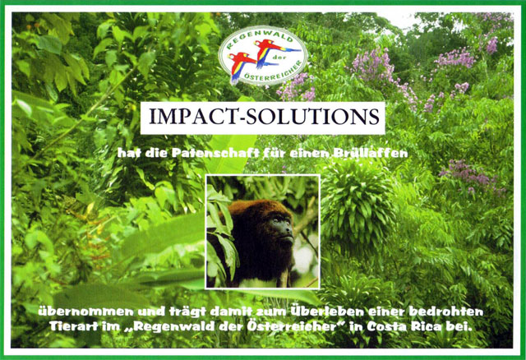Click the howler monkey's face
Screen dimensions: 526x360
(x=283, y=230)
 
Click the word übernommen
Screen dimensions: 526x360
(x=85, y=312)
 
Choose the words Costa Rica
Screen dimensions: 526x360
(x=404, y=326)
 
